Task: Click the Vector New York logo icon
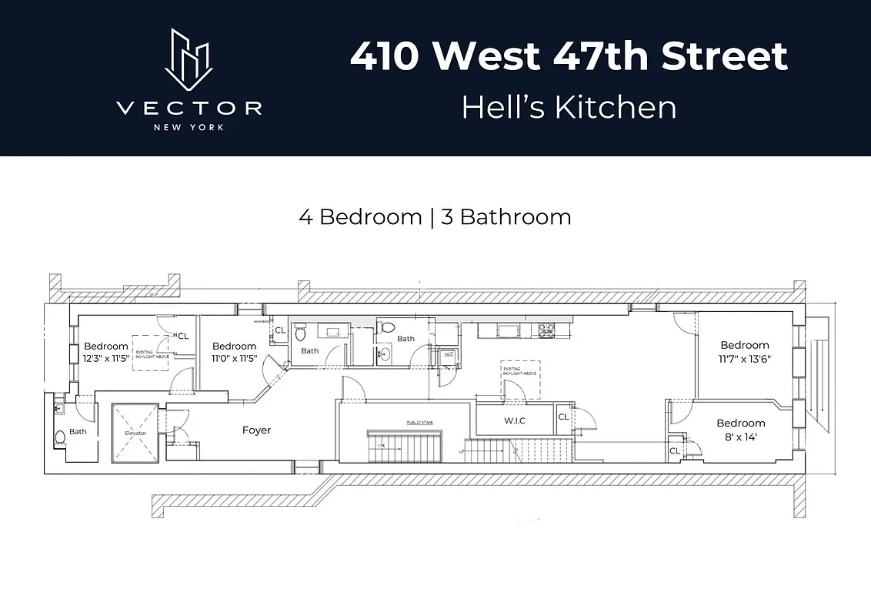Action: pos(189,61)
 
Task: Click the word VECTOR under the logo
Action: pos(189,108)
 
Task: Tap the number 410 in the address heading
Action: pos(385,57)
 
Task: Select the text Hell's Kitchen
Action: pos(569,107)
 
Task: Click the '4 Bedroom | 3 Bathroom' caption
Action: pos(435,217)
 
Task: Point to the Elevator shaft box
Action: pos(135,434)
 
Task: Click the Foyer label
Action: pos(256,430)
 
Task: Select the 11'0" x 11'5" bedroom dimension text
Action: pos(234,359)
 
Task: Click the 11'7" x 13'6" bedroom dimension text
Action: pos(744,358)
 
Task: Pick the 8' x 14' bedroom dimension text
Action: pos(740,436)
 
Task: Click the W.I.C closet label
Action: pos(515,421)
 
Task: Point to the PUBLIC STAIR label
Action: pos(405,423)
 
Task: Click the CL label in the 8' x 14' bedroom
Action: pos(674,451)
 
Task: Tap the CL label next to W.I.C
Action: pos(563,417)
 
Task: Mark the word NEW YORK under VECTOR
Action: pos(189,127)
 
